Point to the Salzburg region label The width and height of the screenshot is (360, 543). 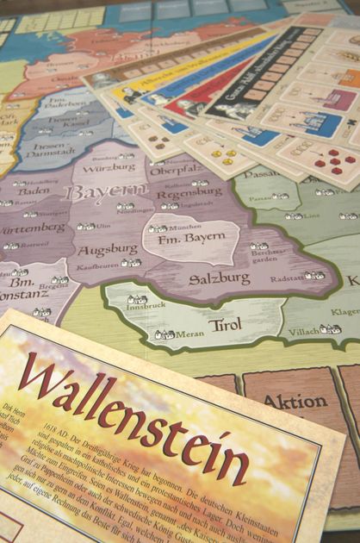[x=220, y=278]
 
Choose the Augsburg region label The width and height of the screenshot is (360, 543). [x=108, y=250]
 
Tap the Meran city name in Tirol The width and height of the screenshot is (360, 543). [x=190, y=333]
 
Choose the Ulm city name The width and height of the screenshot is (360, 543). [x=104, y=226]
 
